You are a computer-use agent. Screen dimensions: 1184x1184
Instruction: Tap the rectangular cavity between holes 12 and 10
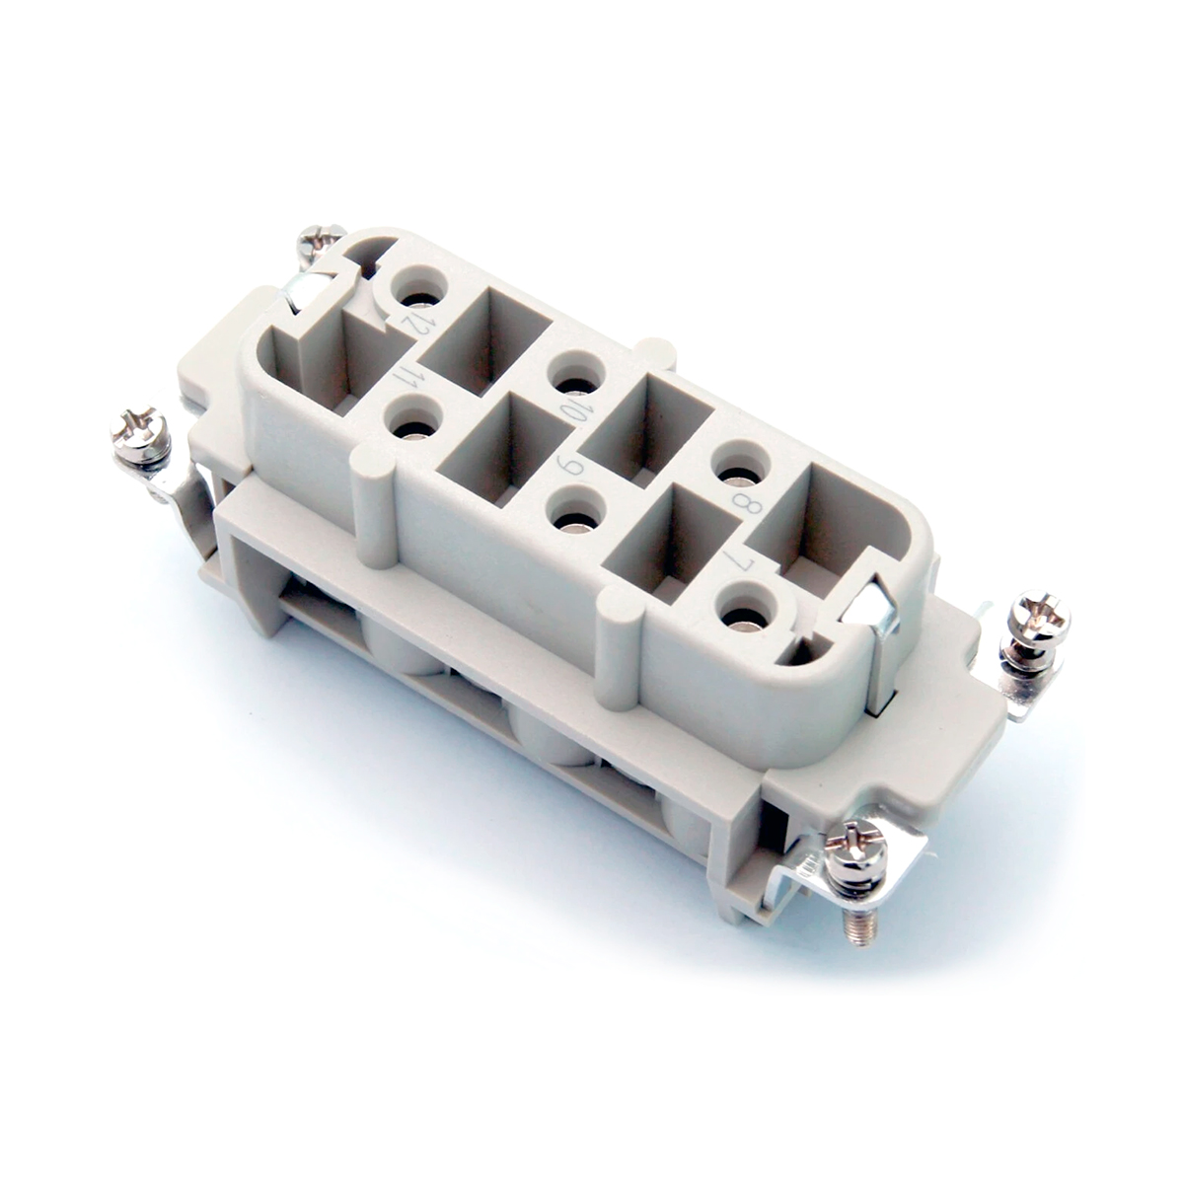(x=487, y=340)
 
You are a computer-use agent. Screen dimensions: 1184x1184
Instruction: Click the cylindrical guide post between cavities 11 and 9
(x=375, y=503)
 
